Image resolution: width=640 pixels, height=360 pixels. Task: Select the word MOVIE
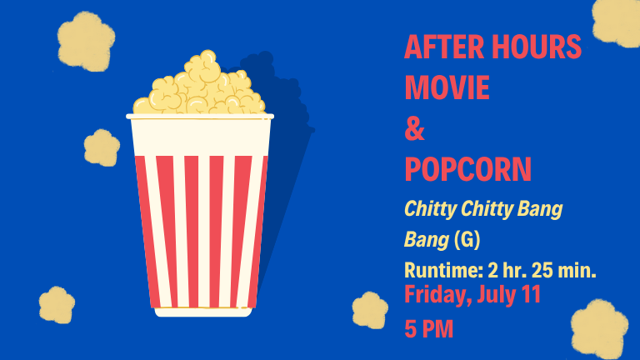(x=447, y=87)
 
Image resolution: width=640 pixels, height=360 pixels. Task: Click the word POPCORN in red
(x=467, y=169)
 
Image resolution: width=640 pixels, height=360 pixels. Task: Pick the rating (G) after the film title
(x=467, y=239)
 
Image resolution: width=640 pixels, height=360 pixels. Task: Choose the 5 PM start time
(x=429, y=329)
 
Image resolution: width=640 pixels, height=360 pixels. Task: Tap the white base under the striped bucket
(x=203, y=312)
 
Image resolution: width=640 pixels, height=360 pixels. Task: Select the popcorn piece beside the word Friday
(x=370, y=310)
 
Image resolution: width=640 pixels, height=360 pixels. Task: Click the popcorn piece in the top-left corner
(x=86, y=41)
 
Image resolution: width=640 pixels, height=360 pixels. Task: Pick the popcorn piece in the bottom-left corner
(x=57, y=305)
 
